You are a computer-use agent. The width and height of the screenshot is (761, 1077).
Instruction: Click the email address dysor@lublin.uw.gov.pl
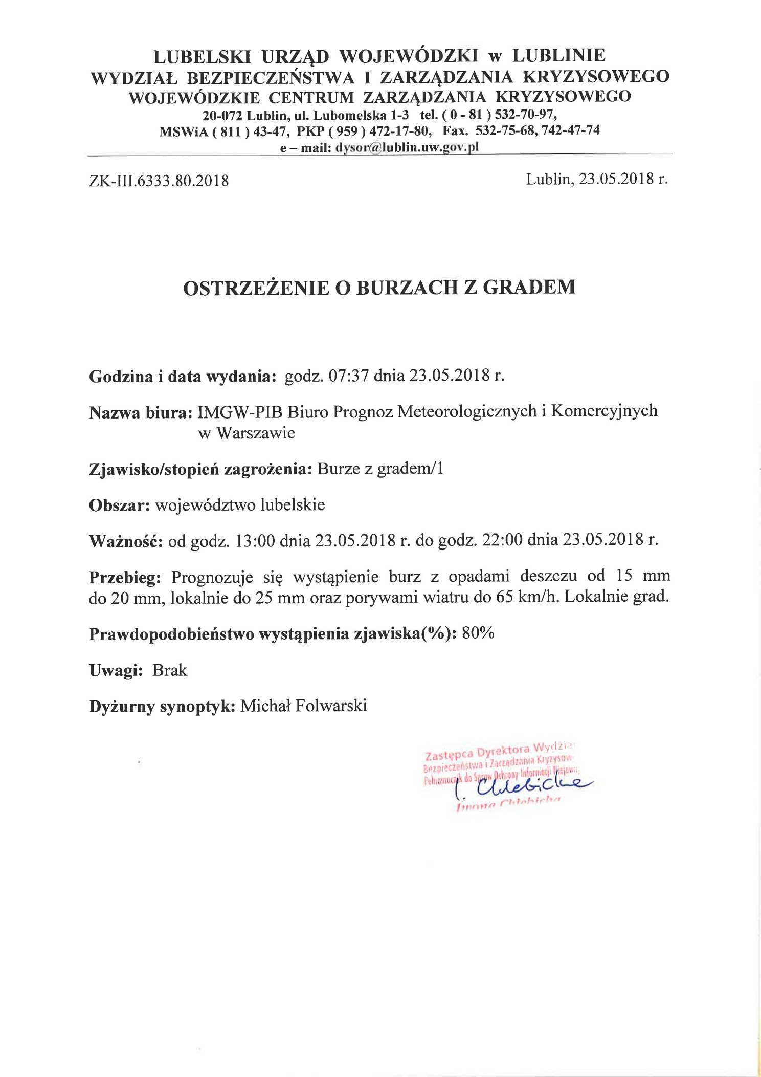(407, 148)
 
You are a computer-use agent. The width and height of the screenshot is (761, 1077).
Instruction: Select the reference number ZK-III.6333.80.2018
(159, 181)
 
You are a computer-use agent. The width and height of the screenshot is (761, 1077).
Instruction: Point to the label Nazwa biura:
(141, 412)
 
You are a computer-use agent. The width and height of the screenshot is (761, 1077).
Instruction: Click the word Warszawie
(256, 433)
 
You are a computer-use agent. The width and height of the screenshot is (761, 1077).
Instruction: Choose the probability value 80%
(478, 634)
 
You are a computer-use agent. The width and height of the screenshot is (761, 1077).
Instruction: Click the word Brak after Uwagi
(170, 671)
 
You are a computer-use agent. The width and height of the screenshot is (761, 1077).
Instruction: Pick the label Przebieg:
(125, 578)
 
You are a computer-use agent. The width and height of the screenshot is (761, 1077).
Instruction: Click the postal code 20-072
(222, 115)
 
